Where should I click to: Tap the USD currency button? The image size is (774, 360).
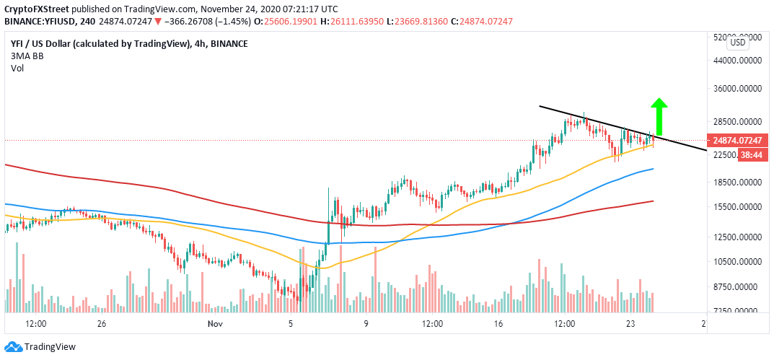tap(737, 43)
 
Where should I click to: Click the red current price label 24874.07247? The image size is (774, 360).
tap(739, 141)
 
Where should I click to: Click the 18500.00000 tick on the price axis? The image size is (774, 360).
tap(738, 183)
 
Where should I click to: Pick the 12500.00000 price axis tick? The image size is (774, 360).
tap(738, 237)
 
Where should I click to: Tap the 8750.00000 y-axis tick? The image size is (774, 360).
tap(738, 286)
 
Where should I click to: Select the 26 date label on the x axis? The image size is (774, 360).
tap(102, 325)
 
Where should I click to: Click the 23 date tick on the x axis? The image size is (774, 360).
tap(630, 325)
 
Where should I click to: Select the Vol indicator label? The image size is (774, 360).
tap(17, 68)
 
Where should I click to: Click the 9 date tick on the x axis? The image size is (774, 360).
tap(366, 325)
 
